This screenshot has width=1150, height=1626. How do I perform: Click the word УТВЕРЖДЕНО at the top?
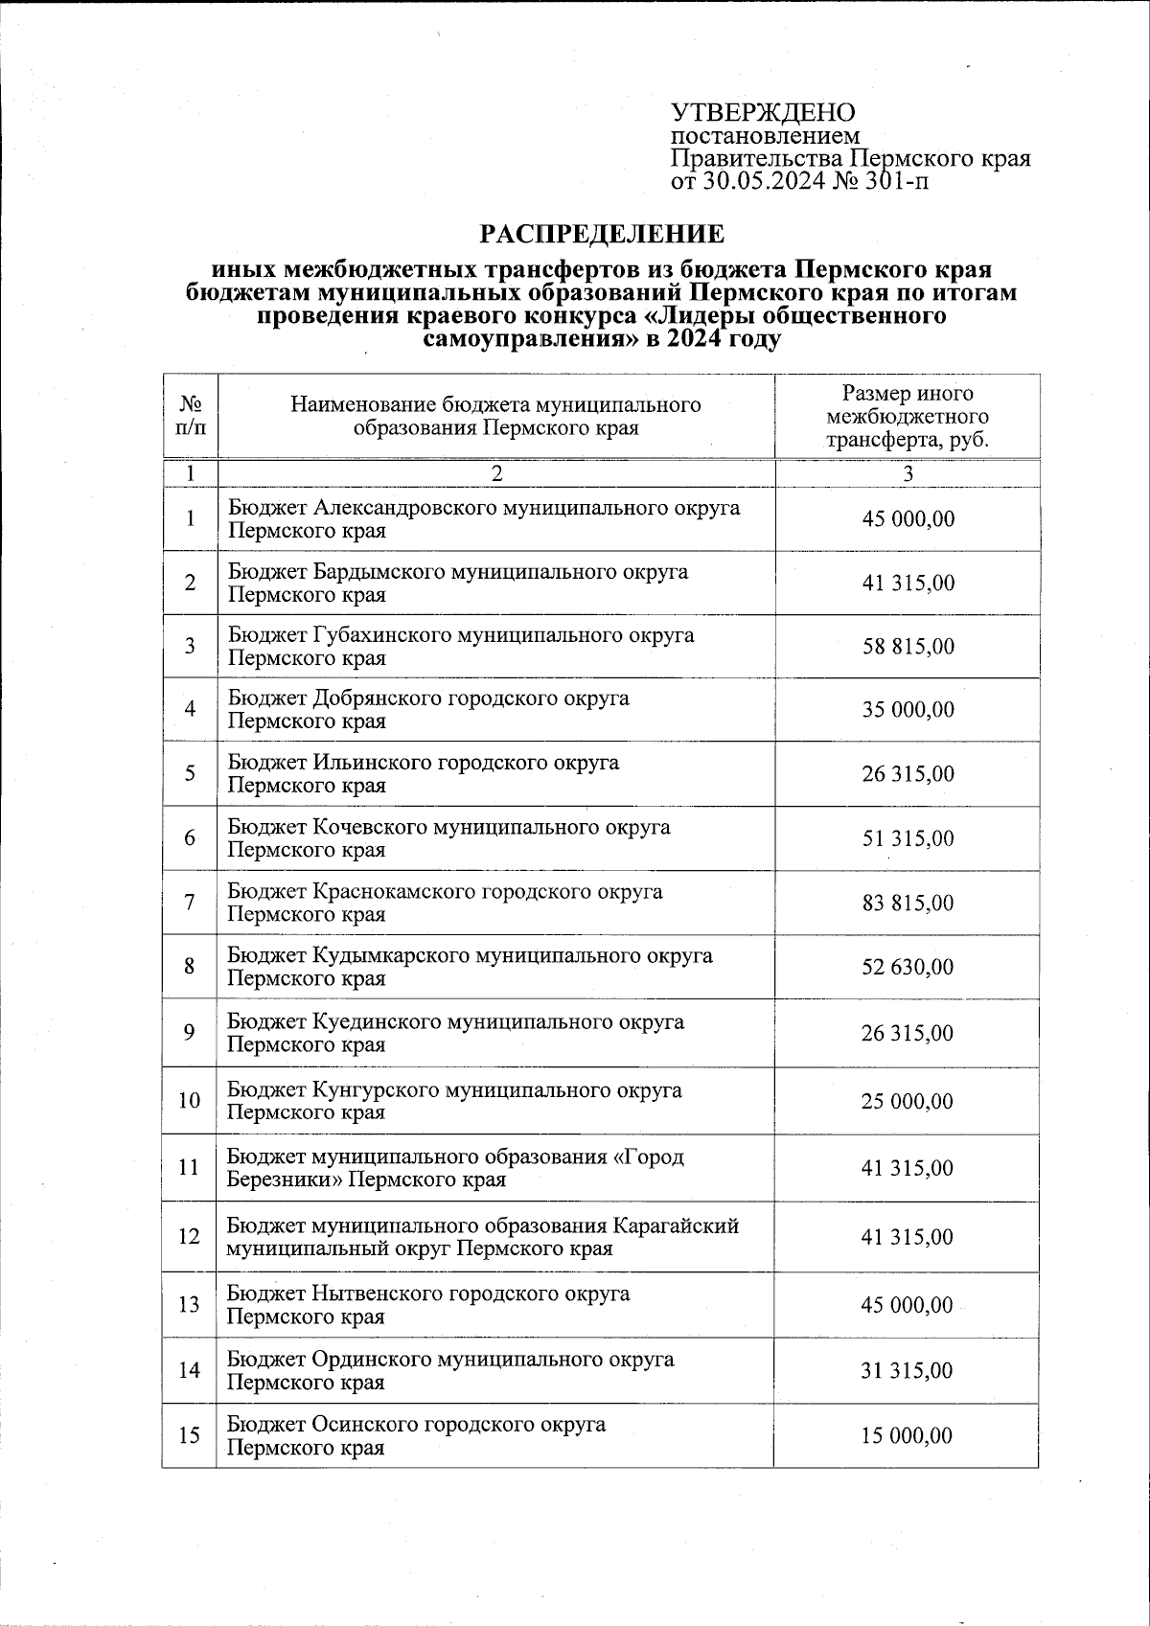[x=763, y=112]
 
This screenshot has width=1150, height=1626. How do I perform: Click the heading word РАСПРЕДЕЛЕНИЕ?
[x=602, y=235]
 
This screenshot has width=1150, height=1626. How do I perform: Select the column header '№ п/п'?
[x=190, y=416]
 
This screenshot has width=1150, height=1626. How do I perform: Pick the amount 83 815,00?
[x=908, y=903]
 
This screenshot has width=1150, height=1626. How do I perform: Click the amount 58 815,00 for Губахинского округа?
[x=908, y=646]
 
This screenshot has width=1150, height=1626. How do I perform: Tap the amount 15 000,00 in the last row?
[x=907, y=1435]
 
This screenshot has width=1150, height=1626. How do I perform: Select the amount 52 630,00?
[x=908, y=967]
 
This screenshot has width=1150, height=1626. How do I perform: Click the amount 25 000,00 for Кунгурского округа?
[x=907, y=1101]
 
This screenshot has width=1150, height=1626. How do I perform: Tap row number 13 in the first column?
[x=190, y=1304]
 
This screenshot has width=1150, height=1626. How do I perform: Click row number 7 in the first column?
[x=190, y=903]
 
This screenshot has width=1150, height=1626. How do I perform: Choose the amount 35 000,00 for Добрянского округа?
[x=908, y=709]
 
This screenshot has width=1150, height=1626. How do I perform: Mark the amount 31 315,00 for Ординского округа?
[x=907, y=1371]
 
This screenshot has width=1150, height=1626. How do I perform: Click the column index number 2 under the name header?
[x=495, y=473]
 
